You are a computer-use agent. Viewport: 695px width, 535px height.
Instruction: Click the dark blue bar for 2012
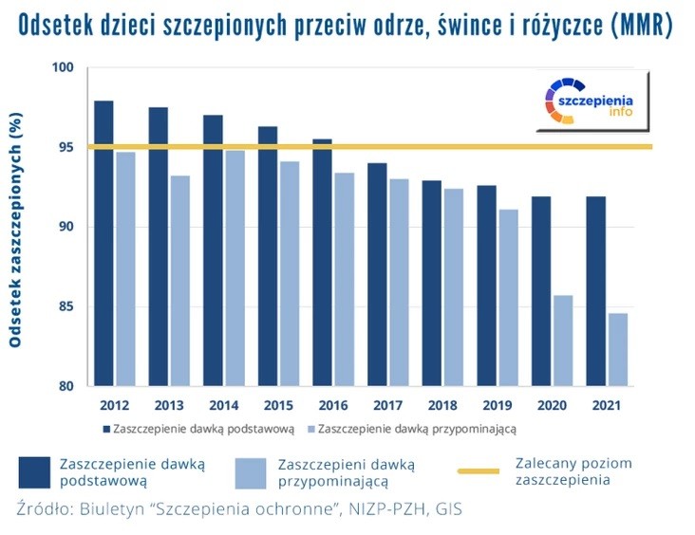(104, 243)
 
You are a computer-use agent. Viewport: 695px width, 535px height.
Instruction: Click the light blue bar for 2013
(179, 281)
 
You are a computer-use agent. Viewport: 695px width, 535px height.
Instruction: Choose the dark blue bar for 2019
(486, 286)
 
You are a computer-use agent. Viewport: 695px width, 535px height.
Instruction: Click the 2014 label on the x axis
(221, 405)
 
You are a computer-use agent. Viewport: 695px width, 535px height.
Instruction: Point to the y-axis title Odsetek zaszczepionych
(16, 228)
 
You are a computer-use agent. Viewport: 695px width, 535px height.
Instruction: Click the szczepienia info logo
(589, 100)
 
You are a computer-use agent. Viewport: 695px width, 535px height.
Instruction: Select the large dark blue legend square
(35, 471)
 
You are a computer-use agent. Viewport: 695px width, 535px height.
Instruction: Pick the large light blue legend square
(251, 471)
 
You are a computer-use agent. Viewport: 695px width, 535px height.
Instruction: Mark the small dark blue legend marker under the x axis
(104, 429)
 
